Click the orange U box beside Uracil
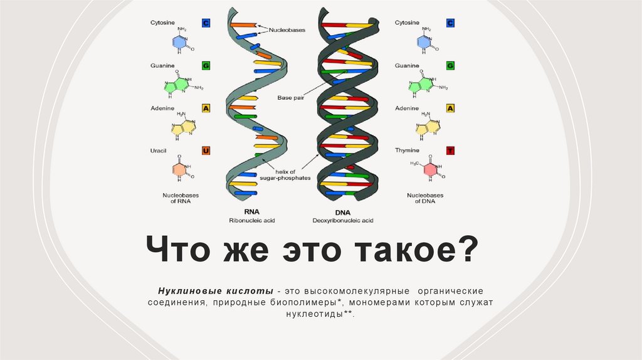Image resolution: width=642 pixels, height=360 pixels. coord(205,151)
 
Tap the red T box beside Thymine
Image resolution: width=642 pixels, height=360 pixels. coord(450,151)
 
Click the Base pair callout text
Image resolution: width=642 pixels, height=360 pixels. coord(290,97)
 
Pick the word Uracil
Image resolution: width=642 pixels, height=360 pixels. coord(158,151)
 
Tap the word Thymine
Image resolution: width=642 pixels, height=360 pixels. coord(408,151)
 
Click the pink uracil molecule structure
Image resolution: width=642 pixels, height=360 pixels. coord(180,169)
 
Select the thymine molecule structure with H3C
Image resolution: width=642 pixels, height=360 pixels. coord(428,169)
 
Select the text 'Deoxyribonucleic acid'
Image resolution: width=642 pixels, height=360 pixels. coord(343,221)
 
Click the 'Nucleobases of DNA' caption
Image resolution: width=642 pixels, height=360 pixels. coord(424,198)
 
